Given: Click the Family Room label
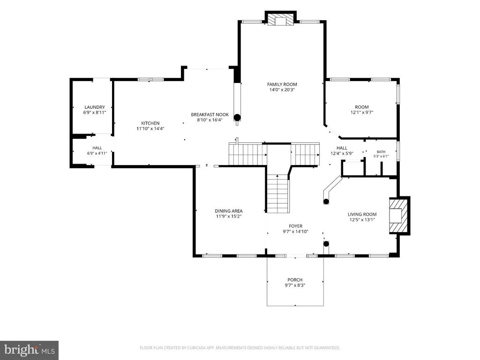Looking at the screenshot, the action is coord(282,84).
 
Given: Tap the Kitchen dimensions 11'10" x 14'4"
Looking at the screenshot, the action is coord(150,128).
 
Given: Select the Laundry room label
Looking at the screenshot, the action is coord(95,107).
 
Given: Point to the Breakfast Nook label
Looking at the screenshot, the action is coord(210,114).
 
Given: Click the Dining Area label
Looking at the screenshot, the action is coord(229,211).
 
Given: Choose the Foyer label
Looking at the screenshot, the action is coord(295,226).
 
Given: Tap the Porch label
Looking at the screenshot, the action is coord(295,280).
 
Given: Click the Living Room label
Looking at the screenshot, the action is coord(362,214).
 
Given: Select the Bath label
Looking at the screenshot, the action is coord(381,152).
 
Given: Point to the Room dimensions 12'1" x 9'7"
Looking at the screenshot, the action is coord(362,112).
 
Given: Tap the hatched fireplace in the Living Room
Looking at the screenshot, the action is coord(398,216).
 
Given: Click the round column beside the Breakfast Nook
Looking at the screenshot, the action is coord(237,117).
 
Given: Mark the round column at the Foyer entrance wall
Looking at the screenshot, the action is coord(326,244).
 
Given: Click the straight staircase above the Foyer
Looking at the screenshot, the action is coord(277,194).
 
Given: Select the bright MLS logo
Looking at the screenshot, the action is coord(30,350).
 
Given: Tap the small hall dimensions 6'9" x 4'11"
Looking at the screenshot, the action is coord(97,153).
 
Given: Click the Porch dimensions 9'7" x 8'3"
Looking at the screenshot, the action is coord(295,285).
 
